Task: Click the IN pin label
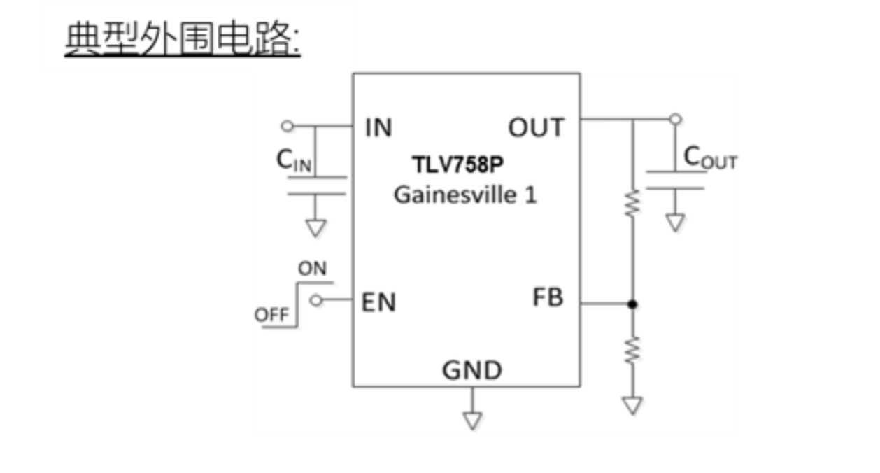click(378, 128)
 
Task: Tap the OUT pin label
click(536, 128)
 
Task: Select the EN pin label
click(378, 302)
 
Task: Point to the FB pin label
click(548, 297)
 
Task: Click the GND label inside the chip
click(472, 369)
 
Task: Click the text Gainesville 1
click(465, 194)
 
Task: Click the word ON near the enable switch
click(312, 268)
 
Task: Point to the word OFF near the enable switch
click(271, 315)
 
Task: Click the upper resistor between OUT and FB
click(632, 203)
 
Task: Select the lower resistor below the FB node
click(632, 350)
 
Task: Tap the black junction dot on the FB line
click(632, 304)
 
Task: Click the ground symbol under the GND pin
click(472, 420)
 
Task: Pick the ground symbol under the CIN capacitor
click(316, 228)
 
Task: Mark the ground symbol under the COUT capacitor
click(674, 223)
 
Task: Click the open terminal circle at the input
click(286, 126)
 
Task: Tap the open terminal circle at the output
click(674, 119)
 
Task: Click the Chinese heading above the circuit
click(182, 40)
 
